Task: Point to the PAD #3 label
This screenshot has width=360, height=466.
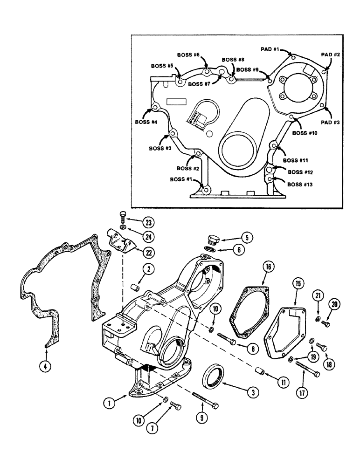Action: [330, 122]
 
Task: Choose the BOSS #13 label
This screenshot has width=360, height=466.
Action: [300, 185]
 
